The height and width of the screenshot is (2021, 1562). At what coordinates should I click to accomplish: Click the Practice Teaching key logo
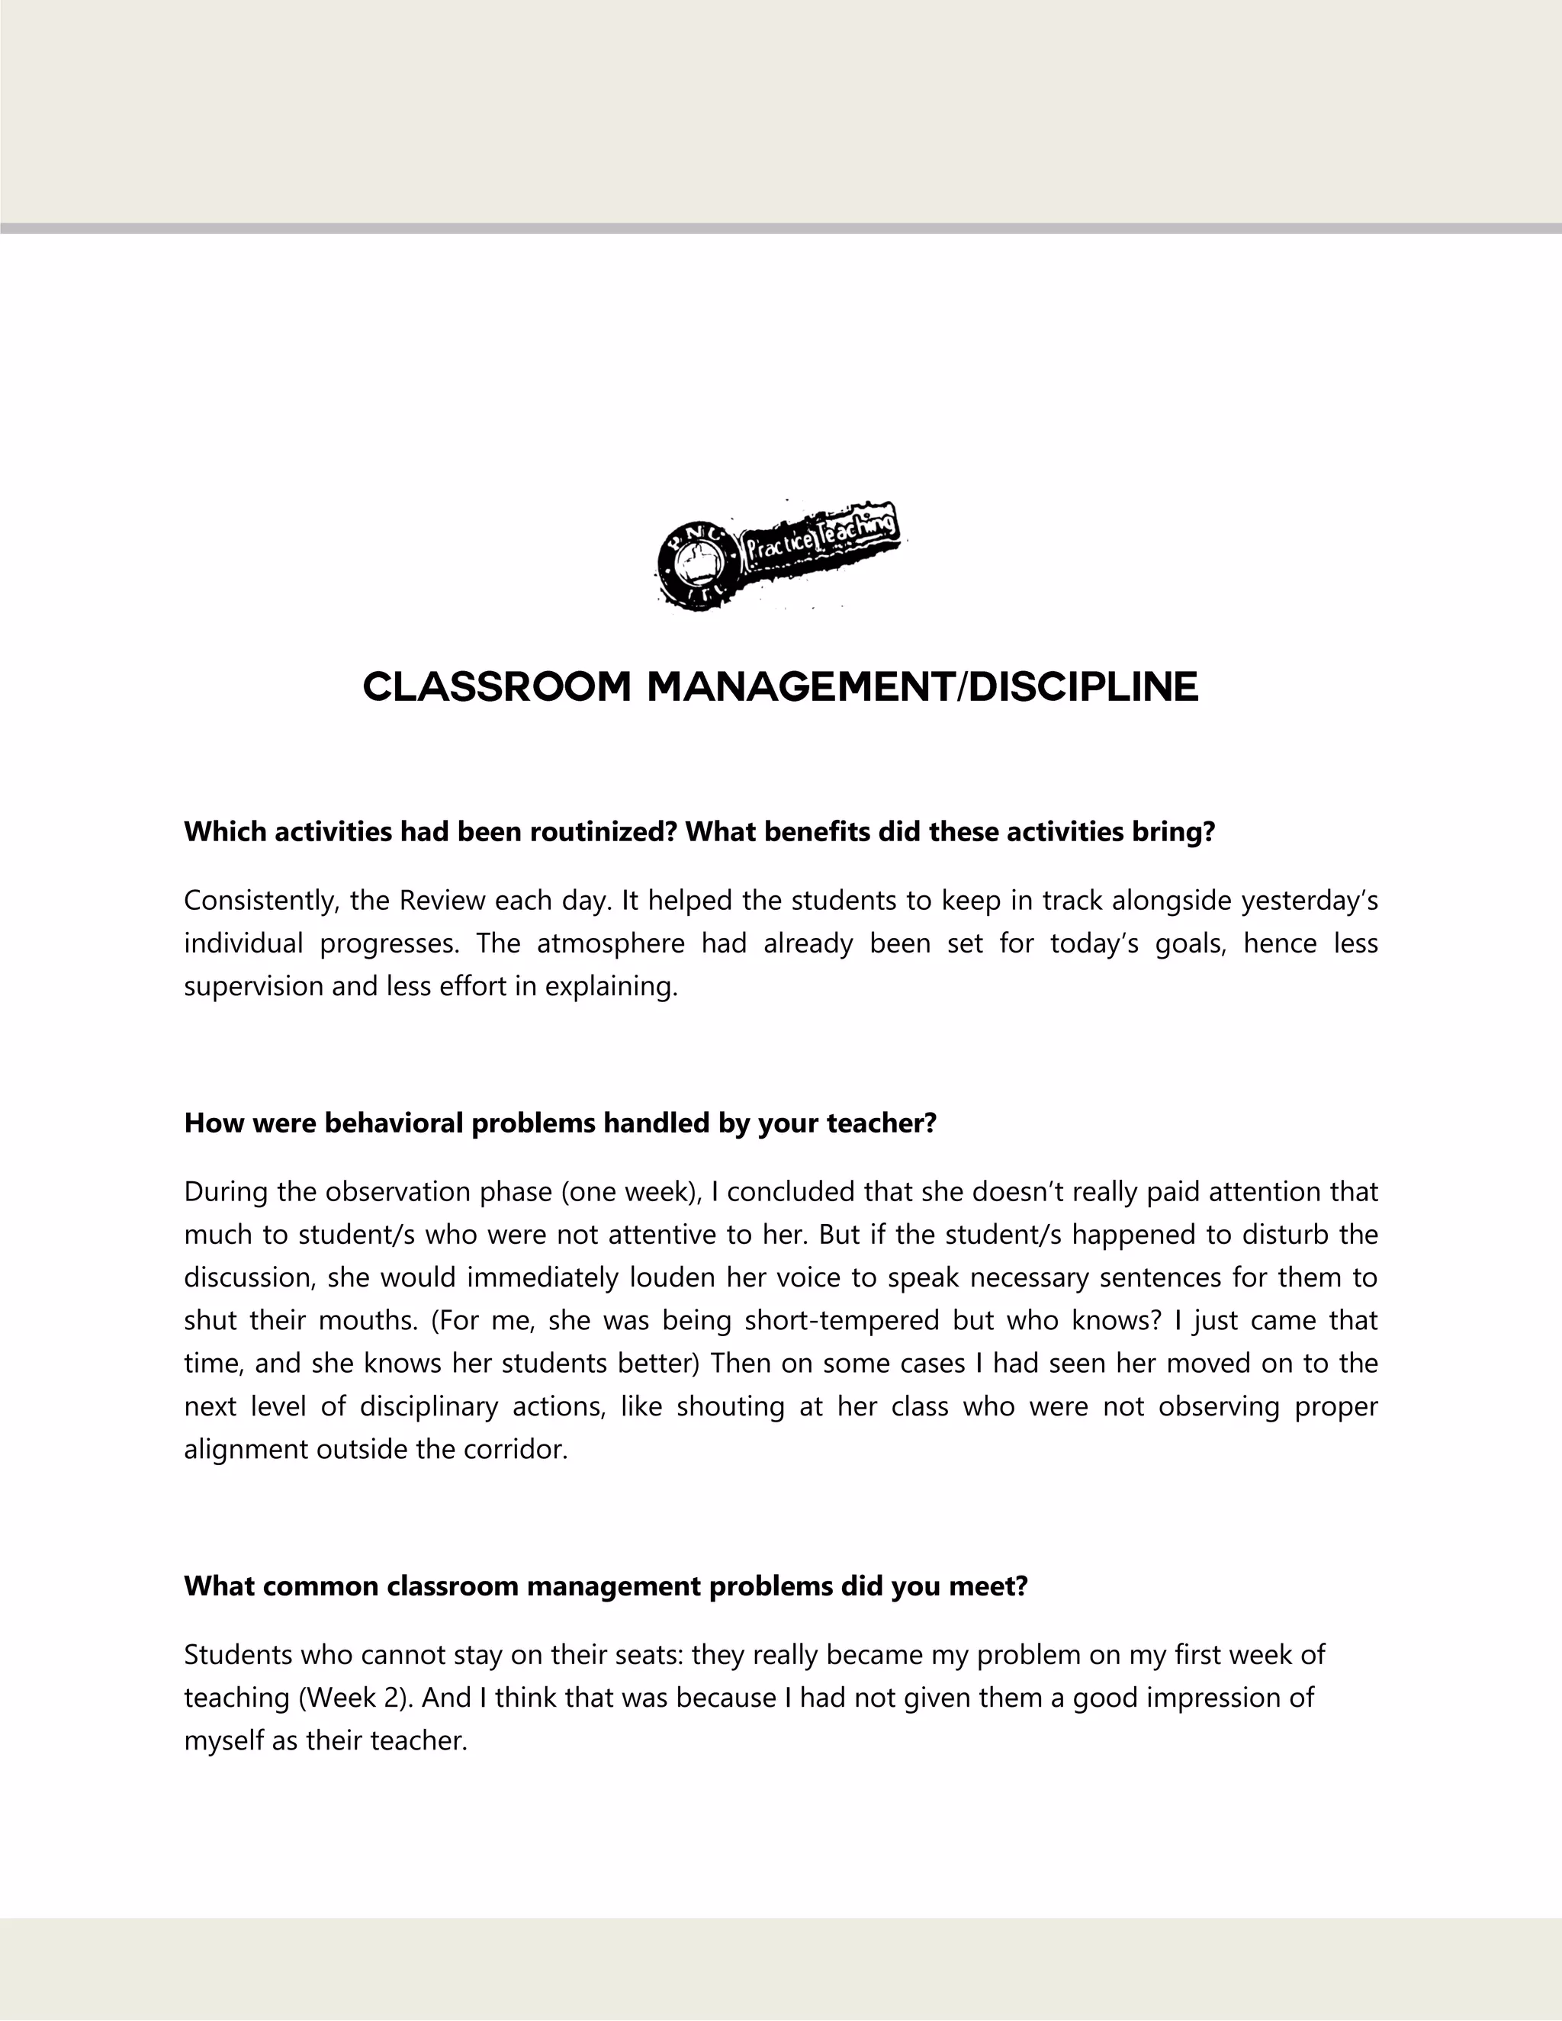779,555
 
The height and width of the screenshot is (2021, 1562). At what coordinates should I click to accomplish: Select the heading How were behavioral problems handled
560,1123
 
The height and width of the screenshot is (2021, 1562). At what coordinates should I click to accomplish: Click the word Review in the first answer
443,901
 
